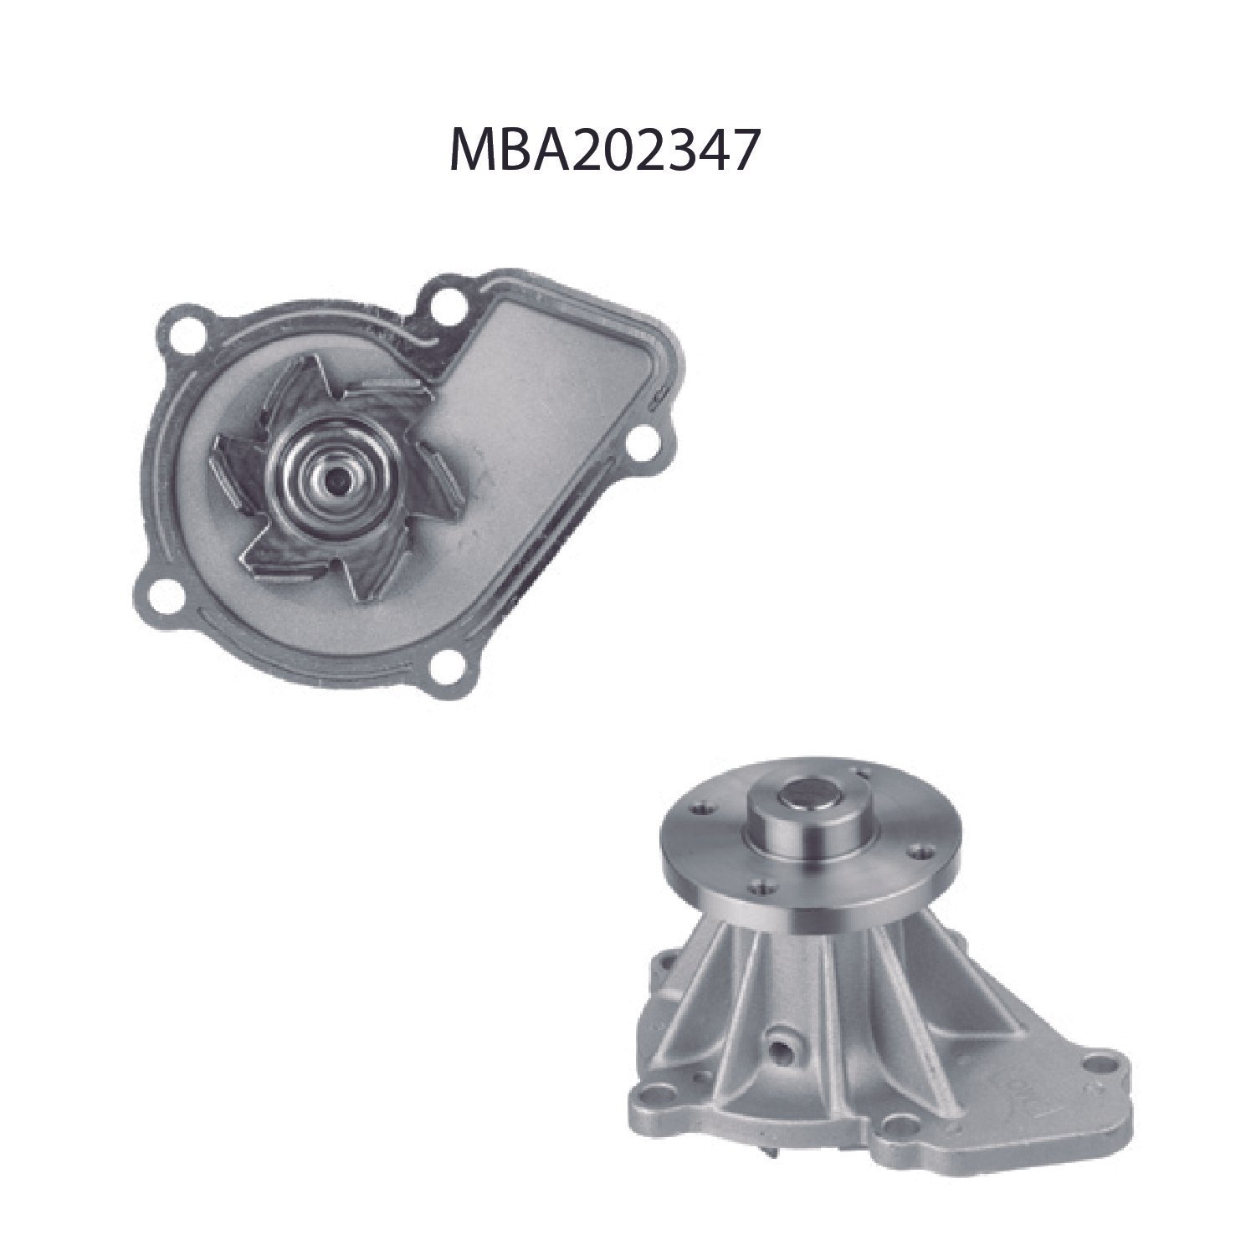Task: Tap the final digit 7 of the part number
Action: pos(745,151)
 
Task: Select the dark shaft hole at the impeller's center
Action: pos(337,478)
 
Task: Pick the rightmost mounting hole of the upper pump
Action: pos(645,442)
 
